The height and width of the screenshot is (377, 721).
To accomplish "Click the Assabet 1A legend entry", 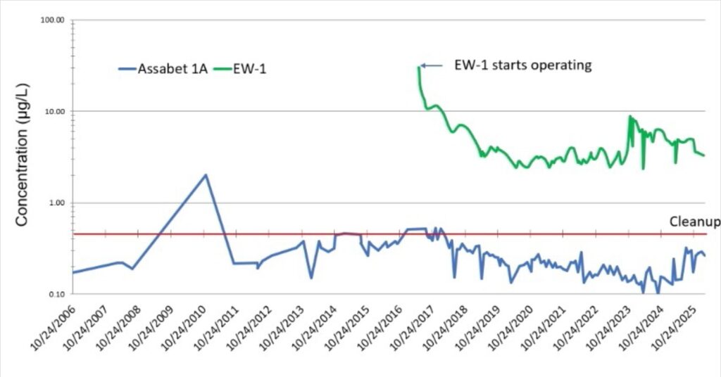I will coord(163,69).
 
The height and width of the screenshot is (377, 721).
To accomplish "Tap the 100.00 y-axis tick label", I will coord(51,20).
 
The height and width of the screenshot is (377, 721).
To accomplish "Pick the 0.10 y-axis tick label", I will coord(55,294).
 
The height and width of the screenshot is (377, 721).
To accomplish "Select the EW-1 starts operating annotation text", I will coord(522,65).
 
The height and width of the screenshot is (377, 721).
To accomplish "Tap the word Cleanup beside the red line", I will coord(694,222).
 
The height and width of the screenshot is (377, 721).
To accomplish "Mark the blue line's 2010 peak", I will coord(206,174).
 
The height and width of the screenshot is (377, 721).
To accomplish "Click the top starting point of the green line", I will coord(420,67).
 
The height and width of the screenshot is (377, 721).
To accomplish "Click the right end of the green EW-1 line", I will coord(704,155).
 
